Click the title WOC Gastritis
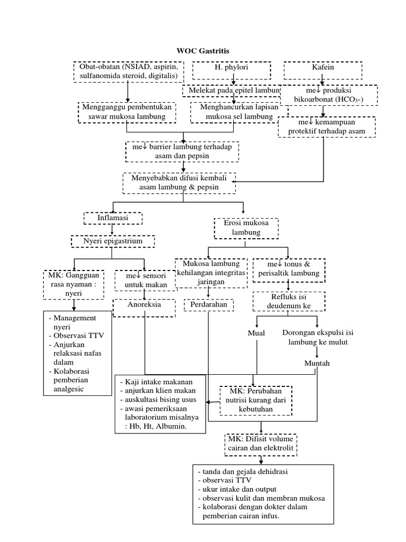(203, 51)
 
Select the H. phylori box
(232, 69)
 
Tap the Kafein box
(322, 69)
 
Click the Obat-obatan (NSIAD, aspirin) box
(128, 73)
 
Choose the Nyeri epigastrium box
(113, 241)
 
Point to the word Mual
(256, 333)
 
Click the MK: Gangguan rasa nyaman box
(74, 281)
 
